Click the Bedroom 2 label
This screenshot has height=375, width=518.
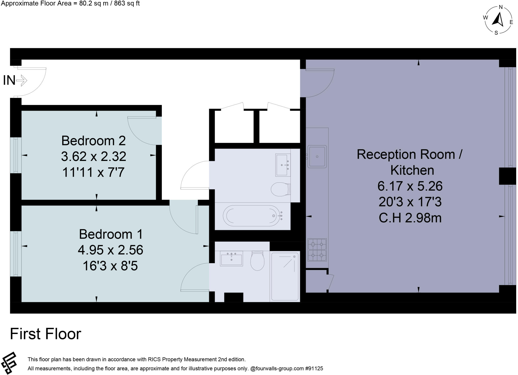(93, 141)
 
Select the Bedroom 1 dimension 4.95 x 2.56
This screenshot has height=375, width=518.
(111, 250)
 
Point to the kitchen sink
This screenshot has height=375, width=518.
(317, 157)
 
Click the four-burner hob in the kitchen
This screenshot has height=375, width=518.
(317, 250)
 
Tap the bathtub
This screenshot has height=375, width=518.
(252, 216)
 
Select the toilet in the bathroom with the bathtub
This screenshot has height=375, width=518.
(280, 189)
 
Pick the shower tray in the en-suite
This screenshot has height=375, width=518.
(285, 276)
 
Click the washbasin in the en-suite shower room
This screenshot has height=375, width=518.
(231, 258)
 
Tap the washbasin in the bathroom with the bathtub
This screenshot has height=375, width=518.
(283, 165)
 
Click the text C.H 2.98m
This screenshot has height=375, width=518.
(410, 218)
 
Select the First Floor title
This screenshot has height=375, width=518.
(46, 334)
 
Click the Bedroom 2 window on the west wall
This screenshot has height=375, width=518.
(16, 155)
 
